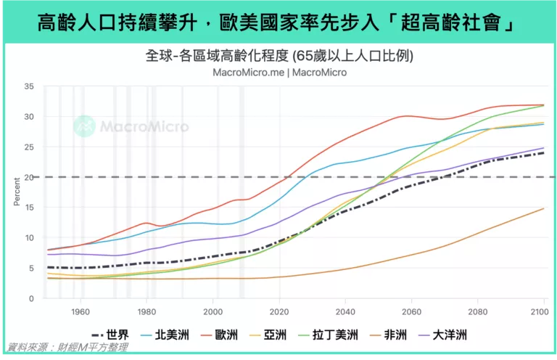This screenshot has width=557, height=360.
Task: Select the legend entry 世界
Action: point(109,335)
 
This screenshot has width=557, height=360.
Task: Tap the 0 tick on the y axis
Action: point(32,298)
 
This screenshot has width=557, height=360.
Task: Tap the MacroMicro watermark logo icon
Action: point(84,126)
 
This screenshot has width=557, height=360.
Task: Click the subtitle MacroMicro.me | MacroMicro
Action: point(279,73)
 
